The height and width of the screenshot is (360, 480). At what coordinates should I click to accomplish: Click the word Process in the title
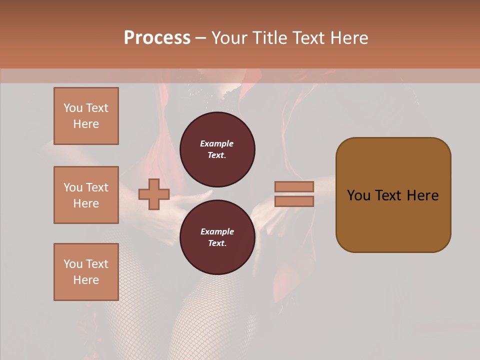[x=157, y=38]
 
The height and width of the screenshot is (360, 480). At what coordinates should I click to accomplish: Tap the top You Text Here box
[x=86, y=116]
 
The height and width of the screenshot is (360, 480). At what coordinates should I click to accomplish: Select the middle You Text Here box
[x=86, y=195]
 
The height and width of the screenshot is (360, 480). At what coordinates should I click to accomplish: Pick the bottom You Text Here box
[x=86, y=271]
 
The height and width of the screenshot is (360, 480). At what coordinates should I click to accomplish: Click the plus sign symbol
[x=154, y=194]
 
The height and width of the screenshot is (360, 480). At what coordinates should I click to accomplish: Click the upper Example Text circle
[x=217, y=149]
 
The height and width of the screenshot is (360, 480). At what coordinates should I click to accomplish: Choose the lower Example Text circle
[x=217, y=237]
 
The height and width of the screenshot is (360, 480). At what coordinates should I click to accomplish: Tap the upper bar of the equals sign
[x=294, y=186]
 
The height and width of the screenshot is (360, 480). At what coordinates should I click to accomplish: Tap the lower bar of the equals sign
[x=294, y=201]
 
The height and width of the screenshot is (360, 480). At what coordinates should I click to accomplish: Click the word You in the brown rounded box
[x=358, y=195]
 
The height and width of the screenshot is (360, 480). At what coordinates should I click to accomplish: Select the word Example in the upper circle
[x=217, y=143]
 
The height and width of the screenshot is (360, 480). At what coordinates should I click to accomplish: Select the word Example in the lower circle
[x=217, y=231]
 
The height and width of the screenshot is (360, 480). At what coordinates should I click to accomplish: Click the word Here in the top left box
[x=86, y=124]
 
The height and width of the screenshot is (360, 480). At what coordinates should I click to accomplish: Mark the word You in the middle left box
[x=72, y=187]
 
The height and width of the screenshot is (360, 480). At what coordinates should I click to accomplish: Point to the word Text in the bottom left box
[x=97, y=264]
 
